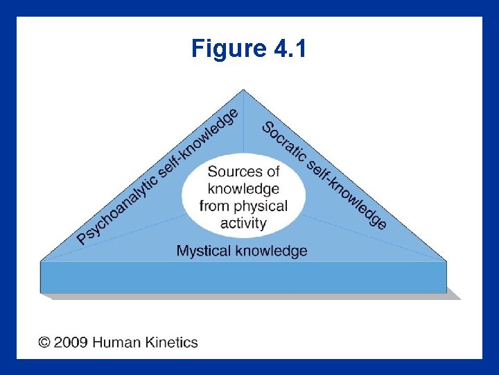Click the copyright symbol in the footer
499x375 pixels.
[44, 342]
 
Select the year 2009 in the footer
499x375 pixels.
[71, 342]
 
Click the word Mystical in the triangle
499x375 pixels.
[204, 251]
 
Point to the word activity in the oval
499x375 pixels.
[243, 223]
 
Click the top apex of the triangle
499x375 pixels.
[243, 90]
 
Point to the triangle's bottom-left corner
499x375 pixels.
[42, 261]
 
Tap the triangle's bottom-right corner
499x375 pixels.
[446, 261]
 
